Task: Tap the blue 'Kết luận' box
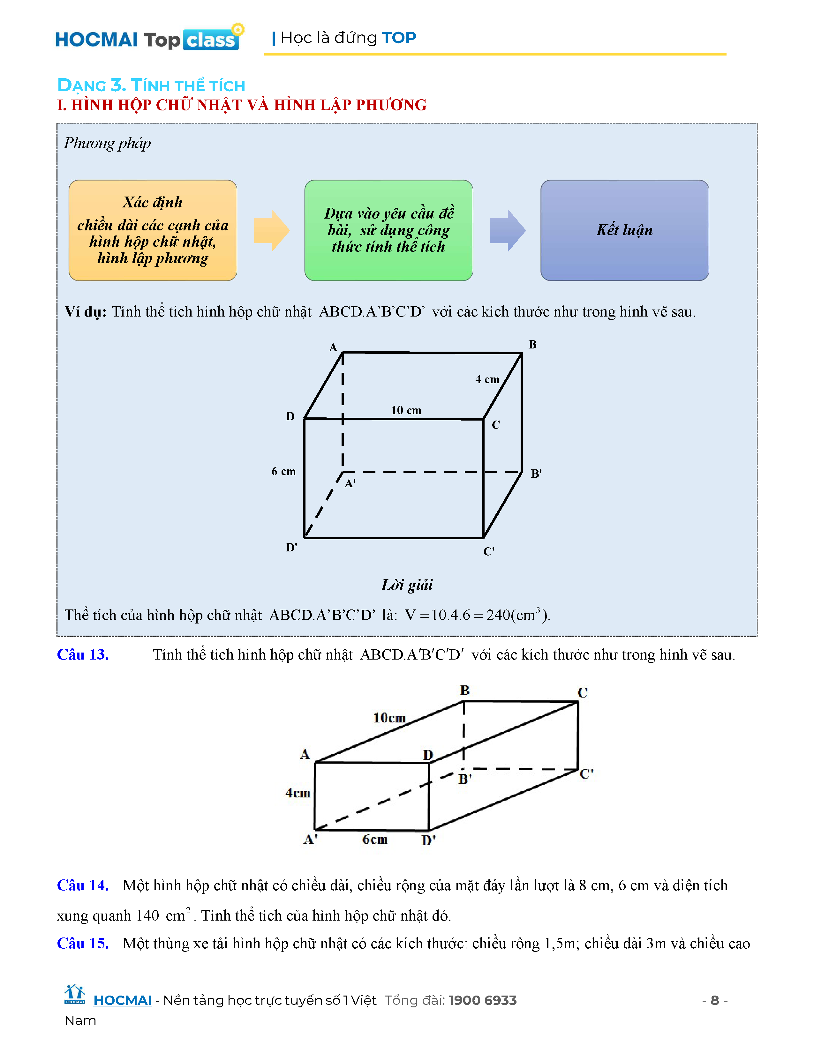tap(624, 230)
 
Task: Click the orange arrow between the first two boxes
tap(272, 230)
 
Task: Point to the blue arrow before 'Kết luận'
tap(507, 230)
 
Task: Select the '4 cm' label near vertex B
tap(487, 379)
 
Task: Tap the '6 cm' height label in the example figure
tap(283, 471)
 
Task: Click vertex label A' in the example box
tap(350, 483)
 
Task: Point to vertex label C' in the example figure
tap(488, 551)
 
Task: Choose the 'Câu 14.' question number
tap(82, 885)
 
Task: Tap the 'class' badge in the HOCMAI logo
tap(211, 40)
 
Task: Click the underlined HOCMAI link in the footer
tap(123, 1000)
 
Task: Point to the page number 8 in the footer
tap(715, 1000)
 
